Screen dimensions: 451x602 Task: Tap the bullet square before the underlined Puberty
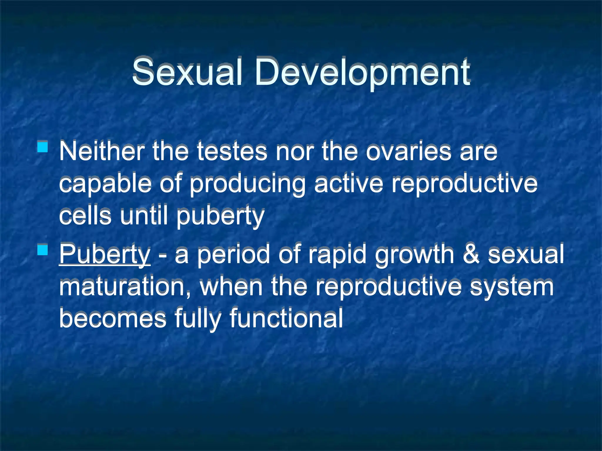(x=43, y=250)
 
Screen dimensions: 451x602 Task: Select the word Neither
(x=101, y=151)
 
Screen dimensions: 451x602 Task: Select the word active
(x=349, y=183)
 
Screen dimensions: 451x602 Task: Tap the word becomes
(x=113, y=318)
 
